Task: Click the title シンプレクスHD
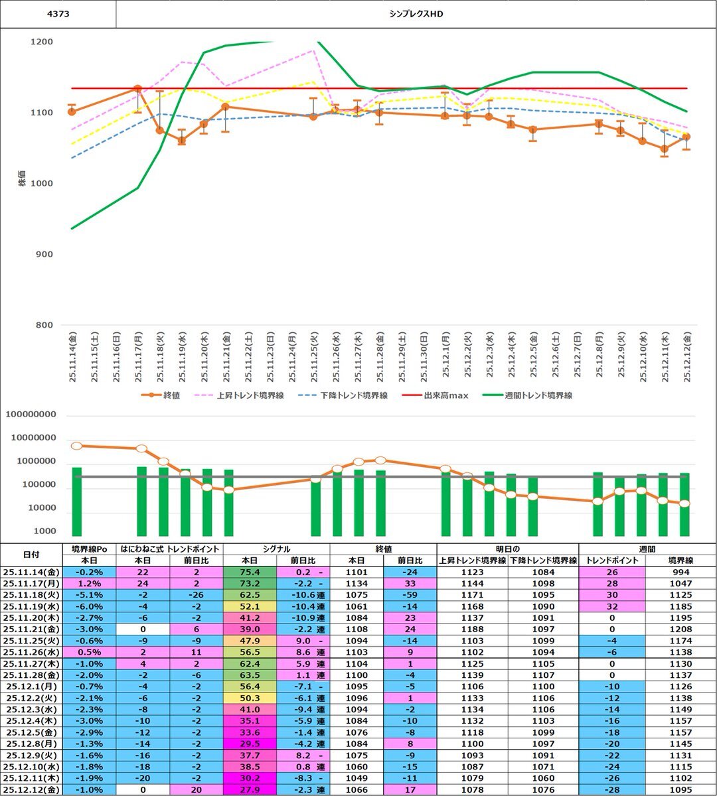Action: [x=416, y=13]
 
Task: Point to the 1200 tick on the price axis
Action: [x=42, y=42]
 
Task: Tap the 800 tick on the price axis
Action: [x=44, y=325]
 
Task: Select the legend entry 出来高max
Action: [x=446, y=395]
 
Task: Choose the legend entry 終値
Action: [x=171, y=395]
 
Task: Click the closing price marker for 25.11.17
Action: [x=137, y=88]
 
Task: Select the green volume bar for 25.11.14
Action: [x=77, y=501]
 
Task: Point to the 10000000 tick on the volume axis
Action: [x=40, y=438]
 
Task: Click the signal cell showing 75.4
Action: [x=249, y=572]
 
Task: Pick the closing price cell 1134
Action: [x=357, y=583]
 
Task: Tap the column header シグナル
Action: [x=276, y=549]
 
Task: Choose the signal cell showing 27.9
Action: [x=249, y=790]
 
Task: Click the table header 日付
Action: [x=31, y=554]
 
